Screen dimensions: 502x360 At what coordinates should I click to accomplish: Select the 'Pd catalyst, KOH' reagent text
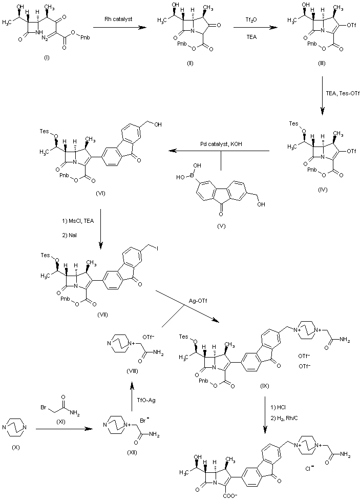[221, 144]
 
